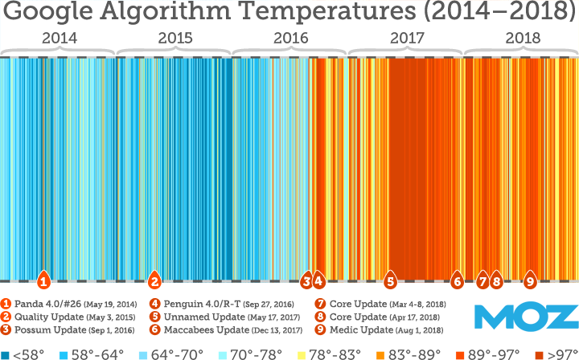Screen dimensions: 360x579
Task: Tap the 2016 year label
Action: tap(290, 38)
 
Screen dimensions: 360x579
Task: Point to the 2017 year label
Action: tap(406, 38)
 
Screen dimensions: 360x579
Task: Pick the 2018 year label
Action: tap(523, 38)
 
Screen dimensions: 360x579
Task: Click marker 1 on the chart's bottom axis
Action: tap(44, 281)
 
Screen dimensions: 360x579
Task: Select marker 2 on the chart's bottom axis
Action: tap(154, 281)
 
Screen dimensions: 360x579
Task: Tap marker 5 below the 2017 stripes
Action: tap(390, 281)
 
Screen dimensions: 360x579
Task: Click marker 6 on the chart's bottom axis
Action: tap(457, 281)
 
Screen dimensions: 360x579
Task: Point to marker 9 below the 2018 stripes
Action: tap(530, 281)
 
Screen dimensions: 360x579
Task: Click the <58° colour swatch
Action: tap(5, 354)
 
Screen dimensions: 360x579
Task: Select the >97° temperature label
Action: tap(562, 354)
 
